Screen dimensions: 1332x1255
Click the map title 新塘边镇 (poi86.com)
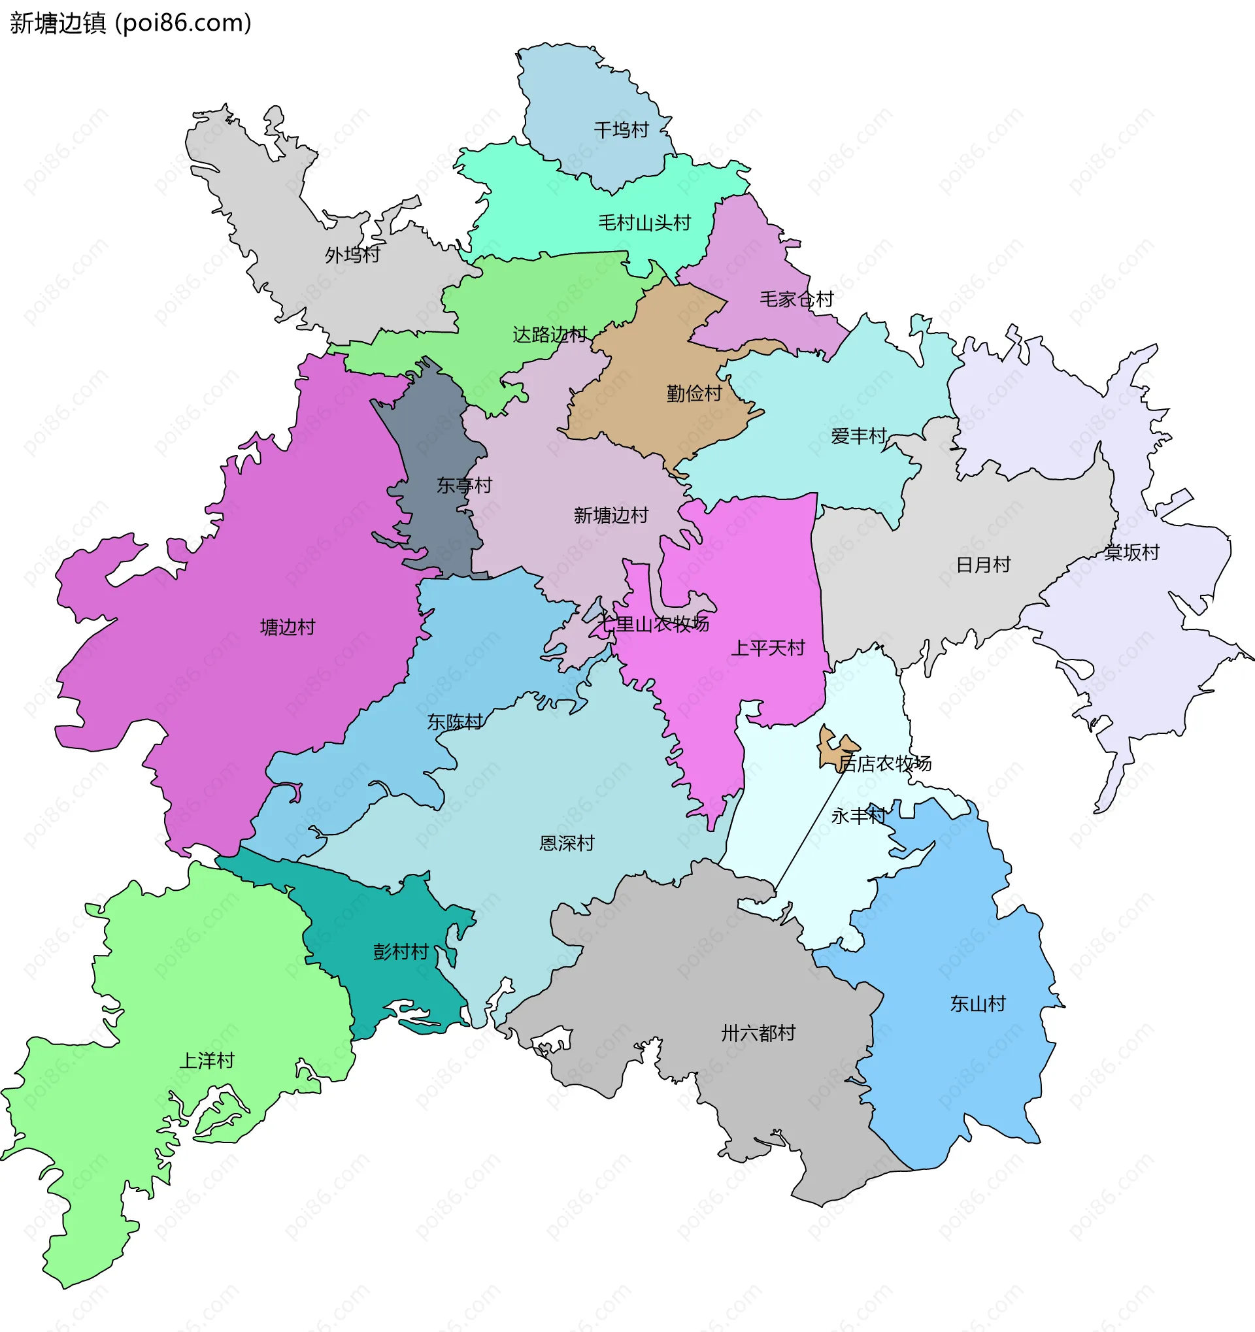click(131, 23)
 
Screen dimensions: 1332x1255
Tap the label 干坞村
click(621, 130)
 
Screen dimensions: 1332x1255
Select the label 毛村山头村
click(644, 222)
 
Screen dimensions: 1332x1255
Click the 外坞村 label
click(352, 255)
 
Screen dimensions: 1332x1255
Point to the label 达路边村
click(550, 335)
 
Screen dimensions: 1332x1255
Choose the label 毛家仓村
click(796, 299)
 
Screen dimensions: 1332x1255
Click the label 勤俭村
click(694, 393)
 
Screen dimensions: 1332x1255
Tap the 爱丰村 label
click(858, 436)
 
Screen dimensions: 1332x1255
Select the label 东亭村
click(464, 485)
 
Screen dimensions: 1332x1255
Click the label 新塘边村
click(611, 515)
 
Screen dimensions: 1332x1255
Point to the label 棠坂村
click(1131, 553)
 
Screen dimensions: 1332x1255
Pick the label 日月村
click(983, 565)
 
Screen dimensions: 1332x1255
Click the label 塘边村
click(288, 627)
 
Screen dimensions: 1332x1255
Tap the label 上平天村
click(768, 648)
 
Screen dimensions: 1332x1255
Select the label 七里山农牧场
click(653, 624)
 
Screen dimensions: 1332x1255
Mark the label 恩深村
click(567, 843)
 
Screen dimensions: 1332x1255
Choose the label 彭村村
click(401, 952)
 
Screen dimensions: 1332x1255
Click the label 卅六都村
click(758, 1033)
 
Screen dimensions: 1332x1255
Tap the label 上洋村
click(207, 1061)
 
